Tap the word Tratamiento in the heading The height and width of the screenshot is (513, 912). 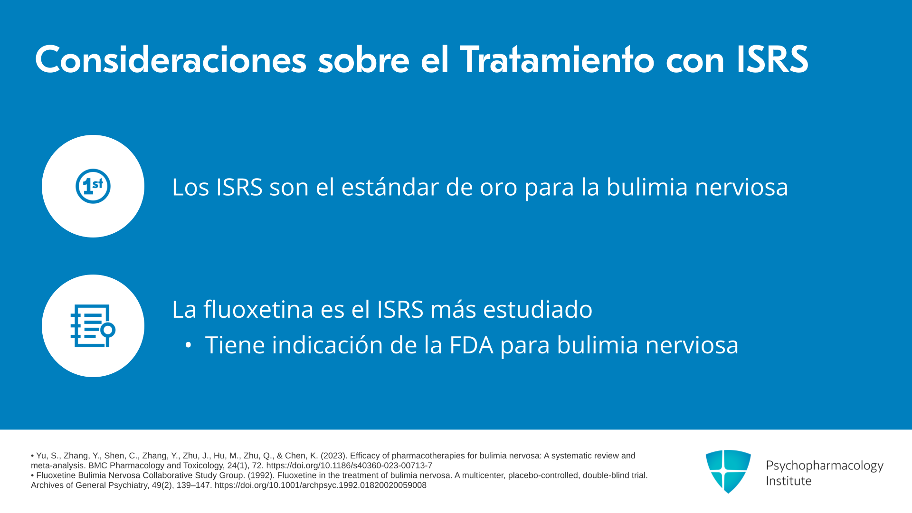[557, 60]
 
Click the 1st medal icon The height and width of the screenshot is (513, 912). [93, 186]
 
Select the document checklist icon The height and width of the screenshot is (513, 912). [93, 326]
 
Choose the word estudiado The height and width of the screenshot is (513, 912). [538, 309]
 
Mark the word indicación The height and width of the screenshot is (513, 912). [327, 344]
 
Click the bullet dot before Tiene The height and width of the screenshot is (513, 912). [189, 345]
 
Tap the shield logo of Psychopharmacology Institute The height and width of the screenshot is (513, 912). [728, 471]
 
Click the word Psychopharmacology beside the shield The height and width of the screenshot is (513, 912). [825, 466]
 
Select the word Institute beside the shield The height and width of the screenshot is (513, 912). [789, 481]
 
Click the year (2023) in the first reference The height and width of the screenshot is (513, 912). [333, 456]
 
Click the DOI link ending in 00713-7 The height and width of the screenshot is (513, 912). [349, 466]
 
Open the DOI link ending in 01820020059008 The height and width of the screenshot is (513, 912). [321, 485]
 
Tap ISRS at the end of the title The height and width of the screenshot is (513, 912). [772, 60]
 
